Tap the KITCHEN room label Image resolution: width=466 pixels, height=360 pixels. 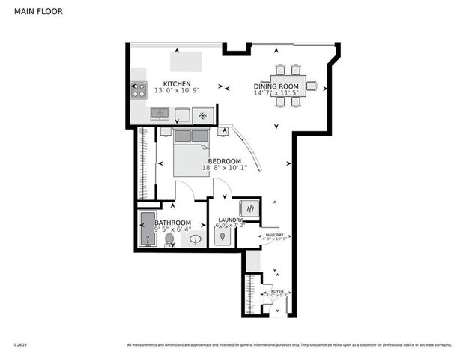177,83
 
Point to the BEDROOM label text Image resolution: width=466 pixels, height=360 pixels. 224,161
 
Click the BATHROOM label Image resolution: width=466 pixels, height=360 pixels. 172,223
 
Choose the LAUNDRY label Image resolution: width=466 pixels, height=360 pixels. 230,220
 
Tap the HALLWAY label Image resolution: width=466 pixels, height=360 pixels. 274,234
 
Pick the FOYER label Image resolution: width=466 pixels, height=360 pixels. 277,290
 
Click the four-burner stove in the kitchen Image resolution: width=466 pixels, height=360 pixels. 139,91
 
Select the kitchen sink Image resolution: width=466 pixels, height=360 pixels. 160,114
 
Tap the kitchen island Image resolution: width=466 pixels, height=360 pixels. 186,60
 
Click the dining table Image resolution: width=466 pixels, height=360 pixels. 289,85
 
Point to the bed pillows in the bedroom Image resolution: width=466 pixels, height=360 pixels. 192,136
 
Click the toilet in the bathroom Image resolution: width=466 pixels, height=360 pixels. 169,240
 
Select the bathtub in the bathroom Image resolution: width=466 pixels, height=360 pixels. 146,229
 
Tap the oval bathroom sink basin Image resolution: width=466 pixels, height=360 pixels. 196,240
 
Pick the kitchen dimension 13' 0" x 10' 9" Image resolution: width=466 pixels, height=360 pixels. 177,91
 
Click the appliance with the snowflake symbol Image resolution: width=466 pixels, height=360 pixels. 202,115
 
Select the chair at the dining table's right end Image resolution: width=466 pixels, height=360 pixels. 312,85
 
